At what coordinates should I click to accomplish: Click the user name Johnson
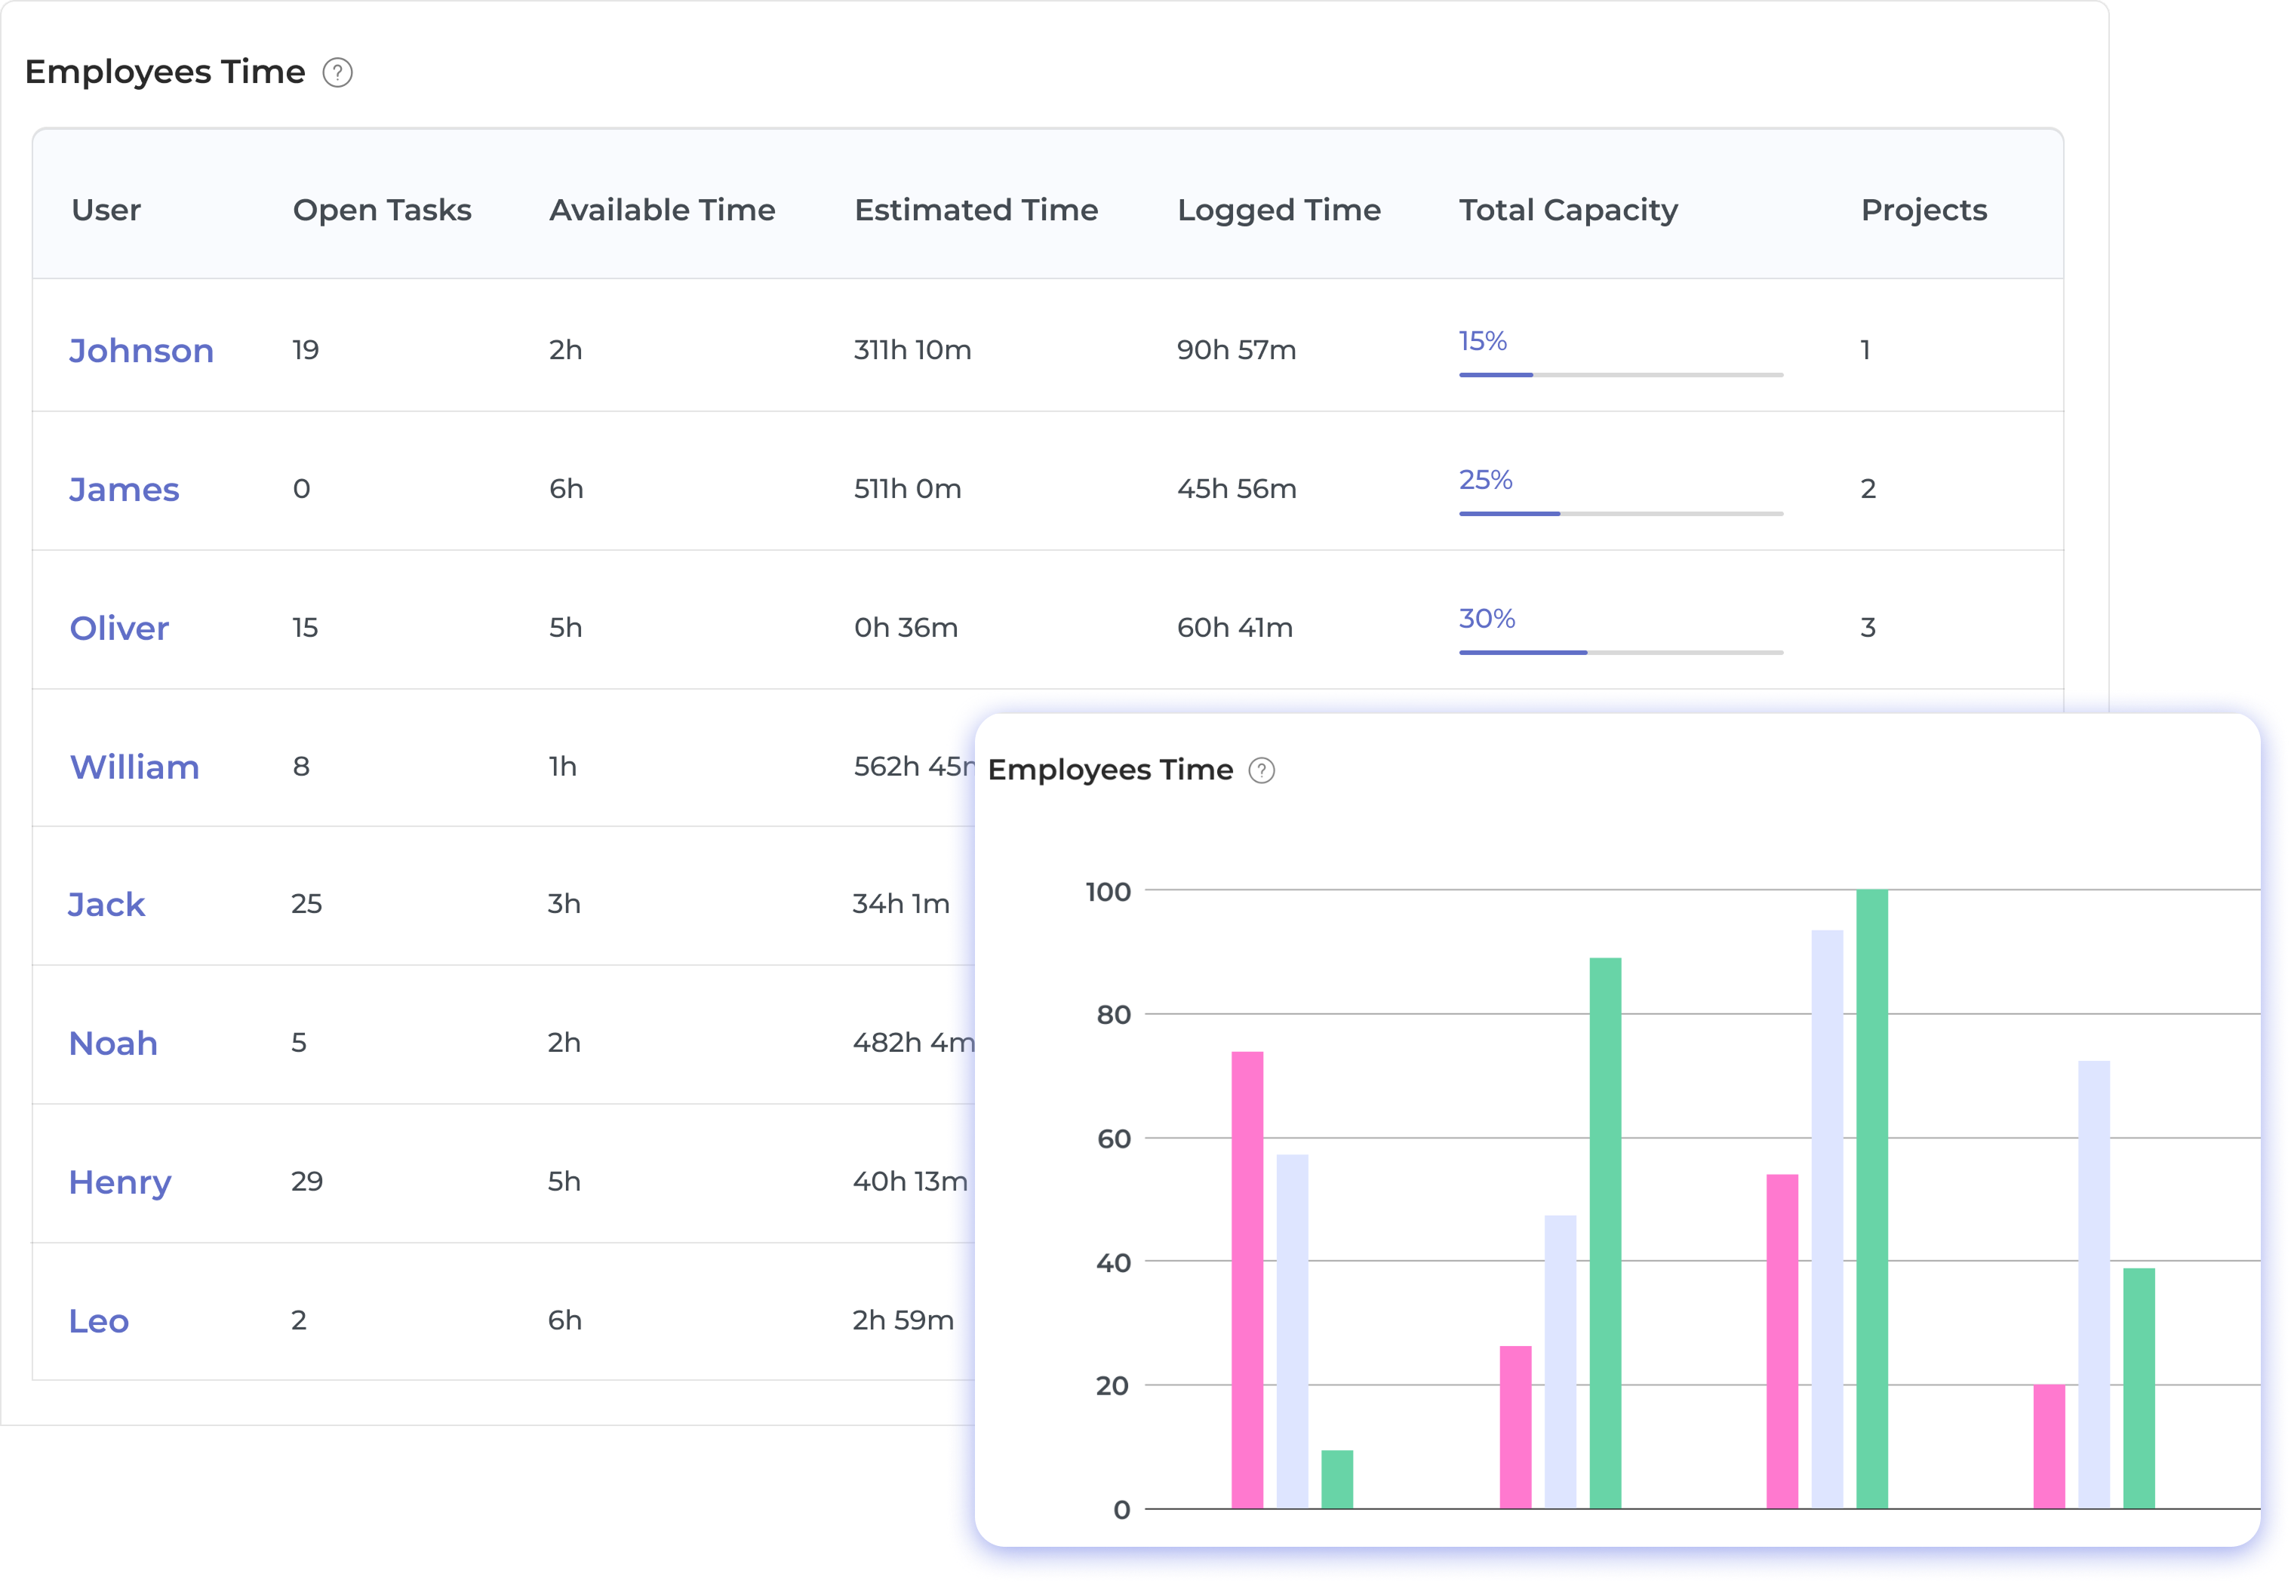(141, 350)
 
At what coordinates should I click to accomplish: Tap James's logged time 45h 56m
(1236, 488)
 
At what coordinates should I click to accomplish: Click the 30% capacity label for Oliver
(1486, 618)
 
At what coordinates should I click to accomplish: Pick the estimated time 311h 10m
(912, 349)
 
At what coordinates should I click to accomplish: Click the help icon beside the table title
(337, 72)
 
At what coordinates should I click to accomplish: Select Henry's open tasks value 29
(306, 1180)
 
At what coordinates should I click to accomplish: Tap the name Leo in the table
(98, 1320)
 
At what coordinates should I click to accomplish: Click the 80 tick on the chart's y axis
(1113, 1015)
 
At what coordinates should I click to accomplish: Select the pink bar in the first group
(1247, 1280)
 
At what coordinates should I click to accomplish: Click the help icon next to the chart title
(1260, 770)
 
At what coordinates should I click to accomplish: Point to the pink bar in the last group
(2048, 1446)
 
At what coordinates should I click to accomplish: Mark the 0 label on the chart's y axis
(1121, 1510)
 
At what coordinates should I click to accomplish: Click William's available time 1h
(562, 766)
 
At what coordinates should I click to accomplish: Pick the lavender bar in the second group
(1559, 1361)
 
